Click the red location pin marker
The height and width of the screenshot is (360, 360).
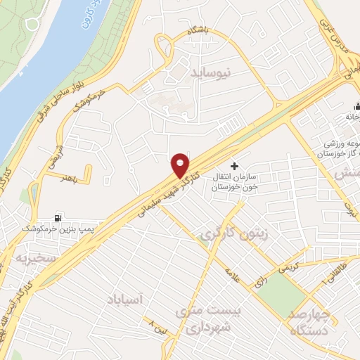tap(181, 164)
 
